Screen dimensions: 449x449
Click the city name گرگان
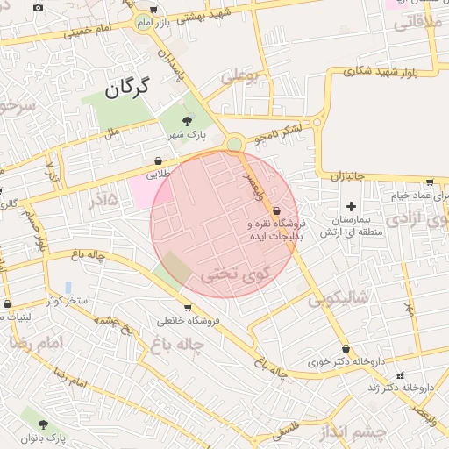[x=127, y=87]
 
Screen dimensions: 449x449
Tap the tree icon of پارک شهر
[x=185, y=122]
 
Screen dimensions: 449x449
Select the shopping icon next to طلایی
[x=158, y=161]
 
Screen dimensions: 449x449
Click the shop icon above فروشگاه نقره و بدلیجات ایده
[x=277, y=211]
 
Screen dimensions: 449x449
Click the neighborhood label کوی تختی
[x=232, y=274]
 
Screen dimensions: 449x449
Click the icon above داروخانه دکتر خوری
[x=346, y=347]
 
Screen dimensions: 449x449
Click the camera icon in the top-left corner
[x=38, y=8]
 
